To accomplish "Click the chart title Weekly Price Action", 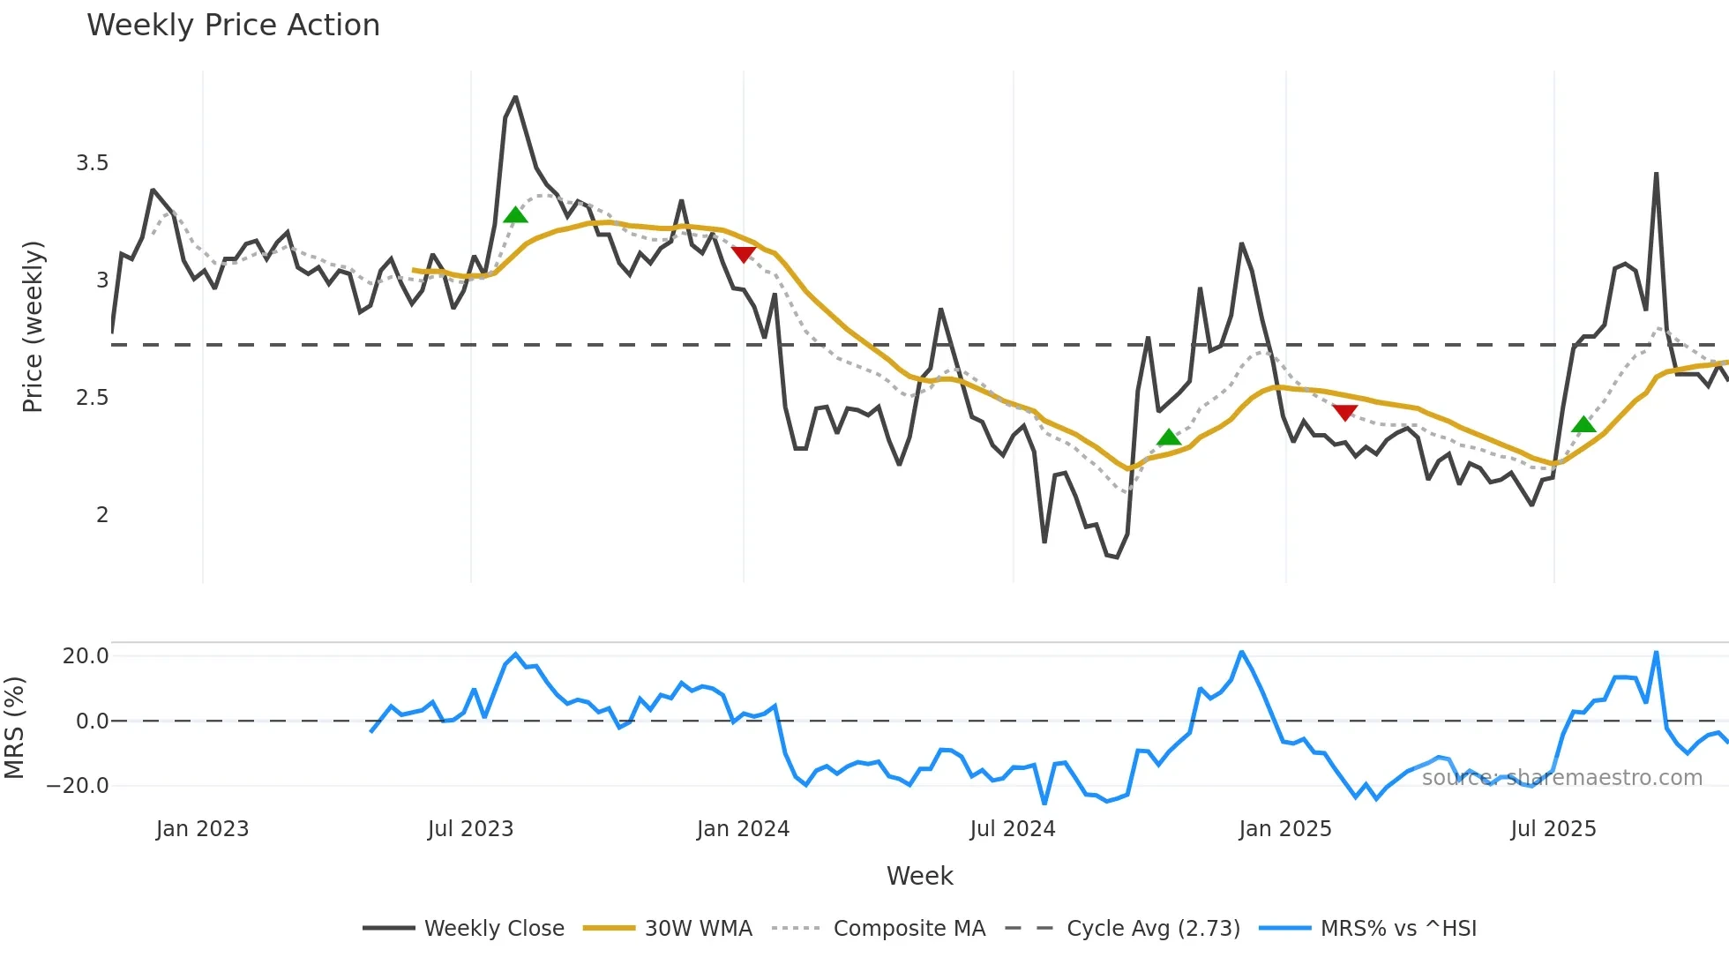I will click(233, 26).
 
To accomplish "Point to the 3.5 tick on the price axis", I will click(92, 163).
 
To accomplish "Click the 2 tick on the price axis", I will click(102, 515).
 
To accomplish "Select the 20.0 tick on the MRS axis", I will click(86, 656).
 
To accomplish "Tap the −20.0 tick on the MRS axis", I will click(79, 786).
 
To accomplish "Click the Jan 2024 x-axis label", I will click(743, 829).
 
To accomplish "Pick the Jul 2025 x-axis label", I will click(1553, 829).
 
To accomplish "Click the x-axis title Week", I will click(919, 876).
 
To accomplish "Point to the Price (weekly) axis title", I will click(33, 326).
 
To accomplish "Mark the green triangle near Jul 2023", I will click(515, 215).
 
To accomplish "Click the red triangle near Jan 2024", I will click(744, 254).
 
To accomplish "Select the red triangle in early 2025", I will click(1344, 412).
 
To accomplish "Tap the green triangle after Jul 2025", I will click(1583, 424).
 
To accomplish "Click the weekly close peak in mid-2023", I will click(516, 97).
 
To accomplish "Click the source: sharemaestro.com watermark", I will click(1561, 778).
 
